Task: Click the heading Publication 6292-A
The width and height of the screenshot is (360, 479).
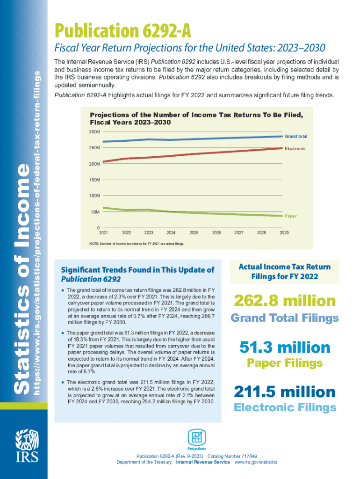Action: [123, 31]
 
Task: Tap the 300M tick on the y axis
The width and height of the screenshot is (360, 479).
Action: [94, 132]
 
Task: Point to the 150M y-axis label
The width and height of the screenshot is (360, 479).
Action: [94, 180]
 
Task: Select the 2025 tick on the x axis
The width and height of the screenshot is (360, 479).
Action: [194, 232]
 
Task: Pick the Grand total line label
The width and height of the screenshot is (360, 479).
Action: [296, 136]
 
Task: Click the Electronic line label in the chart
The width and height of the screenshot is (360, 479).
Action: [295, 149]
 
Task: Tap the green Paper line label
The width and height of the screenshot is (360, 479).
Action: [290, 216]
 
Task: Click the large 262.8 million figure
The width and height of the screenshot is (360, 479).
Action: [284, 300]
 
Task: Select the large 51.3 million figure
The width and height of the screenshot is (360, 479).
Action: [284, 347]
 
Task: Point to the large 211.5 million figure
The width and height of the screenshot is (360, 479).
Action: [284, 392]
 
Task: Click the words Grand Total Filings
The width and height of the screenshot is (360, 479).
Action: [284, 319]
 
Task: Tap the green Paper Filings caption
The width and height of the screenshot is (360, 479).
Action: [284, 363]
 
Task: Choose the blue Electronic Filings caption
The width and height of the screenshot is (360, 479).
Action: [284, 407]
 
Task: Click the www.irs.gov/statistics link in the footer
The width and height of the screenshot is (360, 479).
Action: [256, 462]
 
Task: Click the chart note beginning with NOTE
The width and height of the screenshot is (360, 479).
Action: [137, 244]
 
